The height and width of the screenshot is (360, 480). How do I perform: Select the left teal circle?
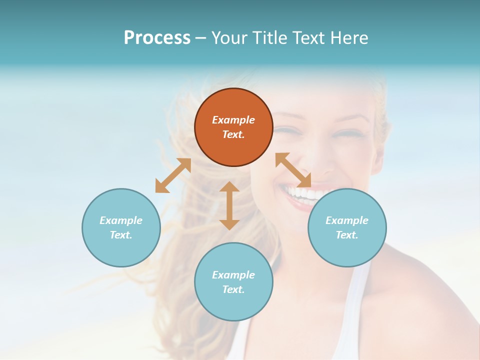tap(121, 227)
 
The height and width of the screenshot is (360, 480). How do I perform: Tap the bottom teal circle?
tap(233, 282)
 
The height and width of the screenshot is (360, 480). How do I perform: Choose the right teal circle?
tap(347, 227)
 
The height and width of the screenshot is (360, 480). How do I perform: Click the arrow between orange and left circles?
tap(173, 175)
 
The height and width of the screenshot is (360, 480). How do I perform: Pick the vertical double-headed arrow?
tap(229, 205)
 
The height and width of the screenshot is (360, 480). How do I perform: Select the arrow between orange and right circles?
tap(293, 170)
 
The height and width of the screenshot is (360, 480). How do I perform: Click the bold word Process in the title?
tap(157, 37)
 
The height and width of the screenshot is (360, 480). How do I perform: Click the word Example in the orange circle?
tap(233, 120)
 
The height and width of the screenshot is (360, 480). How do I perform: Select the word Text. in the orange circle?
tap(233, 134)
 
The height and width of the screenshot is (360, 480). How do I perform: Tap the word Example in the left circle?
tap(121, 220)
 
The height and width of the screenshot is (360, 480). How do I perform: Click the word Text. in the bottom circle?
tap(233, 289)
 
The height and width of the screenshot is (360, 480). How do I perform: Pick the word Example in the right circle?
tap(347, 220)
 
